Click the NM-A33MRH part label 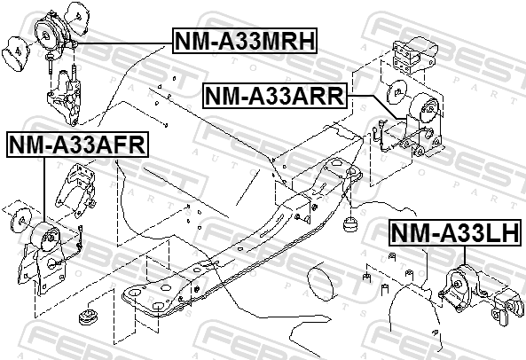pyautogui.click(x=245, y=41)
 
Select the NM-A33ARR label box pyautogui.click(x=274, y=96)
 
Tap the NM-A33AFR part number pyautogui.click(x=77, y=145)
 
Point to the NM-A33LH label pyautogui.click(x=456, y=232)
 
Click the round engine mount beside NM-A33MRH pyautogui.click(x=51, y=34)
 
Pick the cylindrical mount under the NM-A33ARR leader pyautogui.click(x=425, y=109)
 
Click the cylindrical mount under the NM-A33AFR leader pyautogui.click(x=44, y=236)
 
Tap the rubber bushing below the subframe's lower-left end pyautogui.click(x=88, y=317)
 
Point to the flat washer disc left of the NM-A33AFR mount pyautogui.click(x=21, y=220)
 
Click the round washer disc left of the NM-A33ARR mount pyautogui.click(x=396, y=91)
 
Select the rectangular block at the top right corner pyautogui.click(x=415, y=55)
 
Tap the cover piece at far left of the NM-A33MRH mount pyautogui.click(x=16, y=53)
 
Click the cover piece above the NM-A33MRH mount pyautogui.click(x=76, y=18)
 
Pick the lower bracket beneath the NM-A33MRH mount pyautogui.click(x=65, y=98)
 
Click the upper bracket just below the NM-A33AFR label pyautogui.click(x=78, y=188)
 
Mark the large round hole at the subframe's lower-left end pyautogui.click(x=134, y=293)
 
